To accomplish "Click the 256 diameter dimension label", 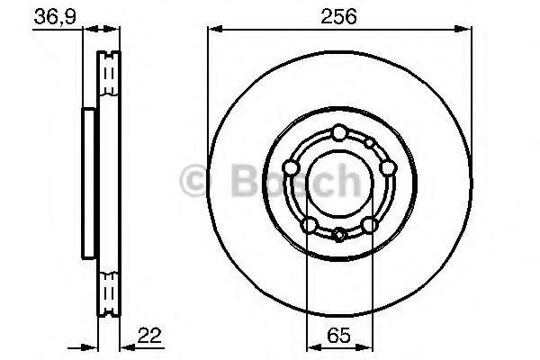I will pos(337,15).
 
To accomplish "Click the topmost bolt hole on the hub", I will pos(337,133).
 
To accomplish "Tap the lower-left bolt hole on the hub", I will pos(309,224).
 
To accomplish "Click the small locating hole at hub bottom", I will pos(337,236).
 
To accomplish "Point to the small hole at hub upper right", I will pos(369,142).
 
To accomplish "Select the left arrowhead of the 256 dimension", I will pos(212,31).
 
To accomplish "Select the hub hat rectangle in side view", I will pos(89,181).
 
